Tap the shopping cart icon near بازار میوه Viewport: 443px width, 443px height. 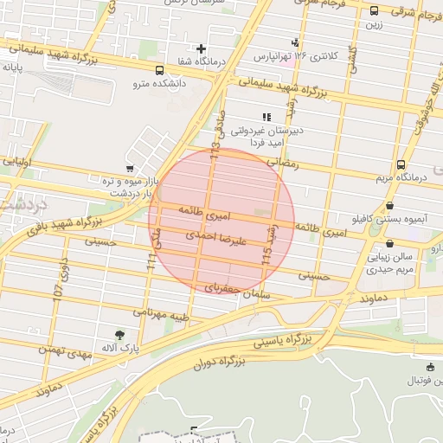[x=130, y=168]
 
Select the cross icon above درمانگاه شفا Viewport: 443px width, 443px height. [x=201, y=49]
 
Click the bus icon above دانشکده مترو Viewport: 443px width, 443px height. [x=158, y=71]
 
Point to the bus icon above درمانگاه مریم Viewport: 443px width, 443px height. [x=401, y=164]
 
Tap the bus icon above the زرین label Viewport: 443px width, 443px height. [x=374, y=11]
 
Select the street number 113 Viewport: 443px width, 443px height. [x=215, y=157]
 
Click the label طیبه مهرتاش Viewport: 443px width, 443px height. [x=160, y=311]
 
